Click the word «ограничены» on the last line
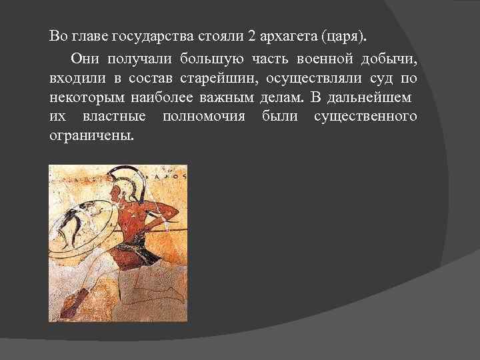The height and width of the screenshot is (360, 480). point(90,136)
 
